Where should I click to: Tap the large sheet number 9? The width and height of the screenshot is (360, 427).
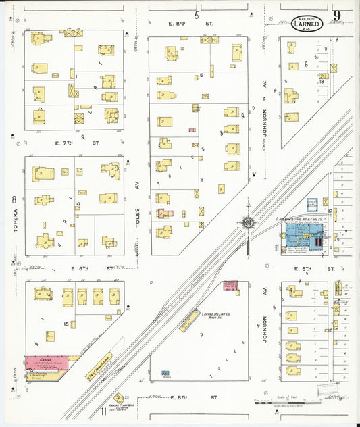tap(336, 16)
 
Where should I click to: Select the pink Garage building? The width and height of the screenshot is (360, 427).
tap(45, 363)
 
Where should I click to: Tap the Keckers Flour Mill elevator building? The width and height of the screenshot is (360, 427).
tap(120, 398)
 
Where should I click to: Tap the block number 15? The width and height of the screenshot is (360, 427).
tap(66, 324)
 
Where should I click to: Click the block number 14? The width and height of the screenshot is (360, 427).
tap(78, 203)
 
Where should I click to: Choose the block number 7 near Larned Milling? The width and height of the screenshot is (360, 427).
tap(201, 336)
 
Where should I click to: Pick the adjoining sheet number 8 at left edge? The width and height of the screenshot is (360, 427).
tap(13, 200)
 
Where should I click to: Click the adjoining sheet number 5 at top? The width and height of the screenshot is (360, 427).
tap(197, 15)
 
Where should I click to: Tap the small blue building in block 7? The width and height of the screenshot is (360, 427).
tap(165, 373)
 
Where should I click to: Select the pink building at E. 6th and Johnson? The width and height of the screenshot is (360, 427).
tap(230, 287)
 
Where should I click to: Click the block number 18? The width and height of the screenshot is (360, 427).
tap(322, 81)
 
